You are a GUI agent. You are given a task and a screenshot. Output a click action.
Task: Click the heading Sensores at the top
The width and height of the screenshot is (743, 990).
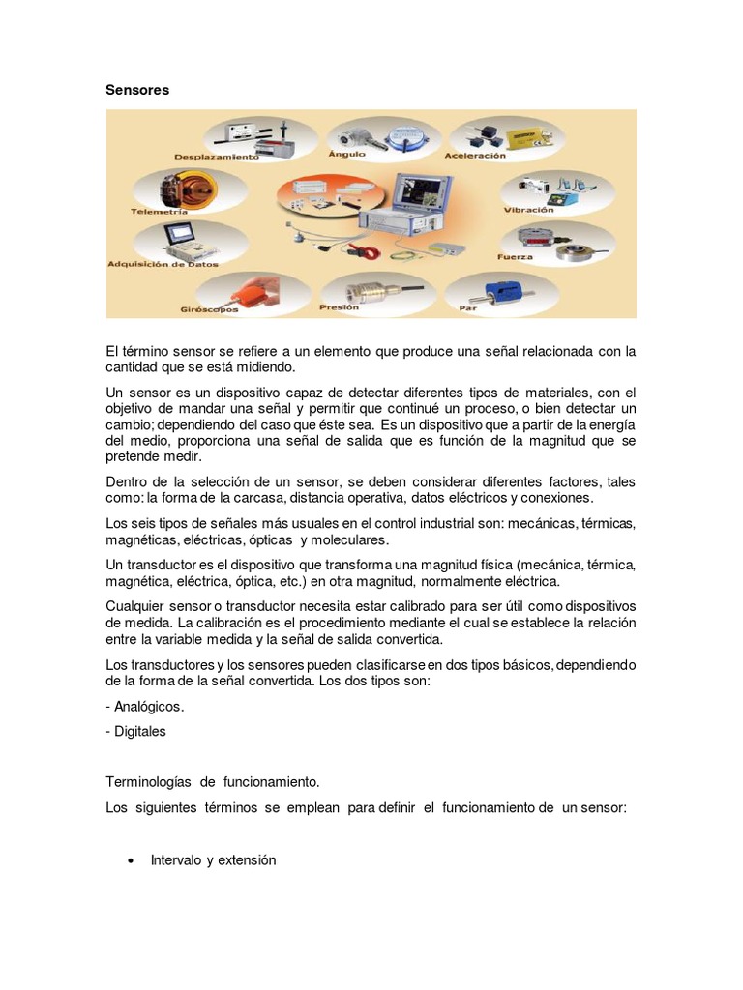click(x=136, y=90)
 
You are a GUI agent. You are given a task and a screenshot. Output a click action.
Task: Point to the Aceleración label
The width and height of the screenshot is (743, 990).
click(x=475, y=155)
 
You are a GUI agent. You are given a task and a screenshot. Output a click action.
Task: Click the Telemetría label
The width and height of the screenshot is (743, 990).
click(x=160, y=210)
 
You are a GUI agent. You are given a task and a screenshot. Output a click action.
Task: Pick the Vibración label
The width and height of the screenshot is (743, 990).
click(x=528, y=209)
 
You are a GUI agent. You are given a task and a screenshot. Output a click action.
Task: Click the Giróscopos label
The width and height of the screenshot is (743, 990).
click(x=211, y=310)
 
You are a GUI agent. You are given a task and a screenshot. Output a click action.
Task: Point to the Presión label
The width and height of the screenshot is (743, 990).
click(x=339, y=307)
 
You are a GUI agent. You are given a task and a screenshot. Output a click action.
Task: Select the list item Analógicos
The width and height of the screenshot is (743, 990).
click(x=148, y=706)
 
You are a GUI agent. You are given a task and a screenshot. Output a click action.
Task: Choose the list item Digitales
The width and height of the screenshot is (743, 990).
click(x=139, y=731)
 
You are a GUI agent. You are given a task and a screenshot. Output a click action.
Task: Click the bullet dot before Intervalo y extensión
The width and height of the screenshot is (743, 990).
click(x=130, y=859)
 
